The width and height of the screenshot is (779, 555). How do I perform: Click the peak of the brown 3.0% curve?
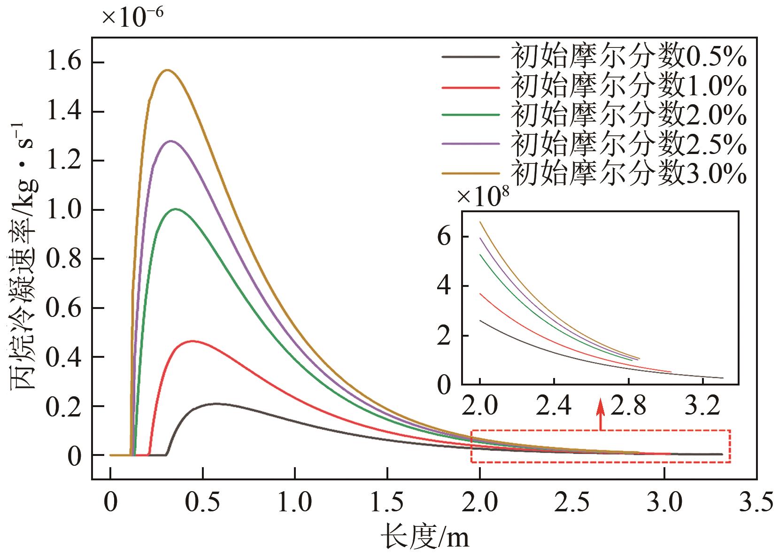point(167,70)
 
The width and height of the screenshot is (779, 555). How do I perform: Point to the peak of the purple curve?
point(170,141)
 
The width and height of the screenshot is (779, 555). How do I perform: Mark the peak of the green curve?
point(176,209)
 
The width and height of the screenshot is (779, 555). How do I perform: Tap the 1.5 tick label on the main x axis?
point(387,503)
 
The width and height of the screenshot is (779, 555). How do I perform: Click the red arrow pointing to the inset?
point(600,413)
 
